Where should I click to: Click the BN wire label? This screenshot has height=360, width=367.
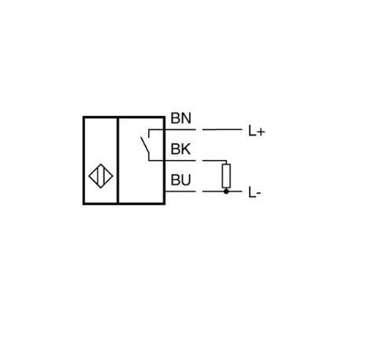tap(181, 118)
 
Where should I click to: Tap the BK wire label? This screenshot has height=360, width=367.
tap(180, 149)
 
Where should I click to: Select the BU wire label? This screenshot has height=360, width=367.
tap(180, 180)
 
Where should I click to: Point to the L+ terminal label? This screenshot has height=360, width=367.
tap(257, 131)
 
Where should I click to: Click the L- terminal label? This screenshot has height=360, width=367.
tap(254, 193)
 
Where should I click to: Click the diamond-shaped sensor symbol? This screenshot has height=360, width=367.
tap(101, 176)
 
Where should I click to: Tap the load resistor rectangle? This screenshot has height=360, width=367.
tap(226, 176)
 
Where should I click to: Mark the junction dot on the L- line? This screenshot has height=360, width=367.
tap(226, 191)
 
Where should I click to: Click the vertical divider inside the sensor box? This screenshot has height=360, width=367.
tap(117, 160)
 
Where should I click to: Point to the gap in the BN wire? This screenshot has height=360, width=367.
tap(199, 129)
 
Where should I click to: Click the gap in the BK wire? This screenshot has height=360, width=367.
tap(199, 161)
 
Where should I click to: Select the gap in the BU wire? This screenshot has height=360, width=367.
tap(199, 191)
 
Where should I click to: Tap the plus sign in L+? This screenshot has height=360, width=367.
tap(261, 132)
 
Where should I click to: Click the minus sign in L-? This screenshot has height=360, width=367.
tap(258, 194)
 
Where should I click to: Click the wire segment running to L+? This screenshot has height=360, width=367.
tap(222, 129)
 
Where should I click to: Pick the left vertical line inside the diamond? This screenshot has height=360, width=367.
tap(98, 176)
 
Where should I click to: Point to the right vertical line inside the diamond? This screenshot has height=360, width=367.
tap(104, 176)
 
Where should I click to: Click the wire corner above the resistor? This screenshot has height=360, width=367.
tap(226, 161)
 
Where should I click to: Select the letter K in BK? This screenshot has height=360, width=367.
tap(186, 149)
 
